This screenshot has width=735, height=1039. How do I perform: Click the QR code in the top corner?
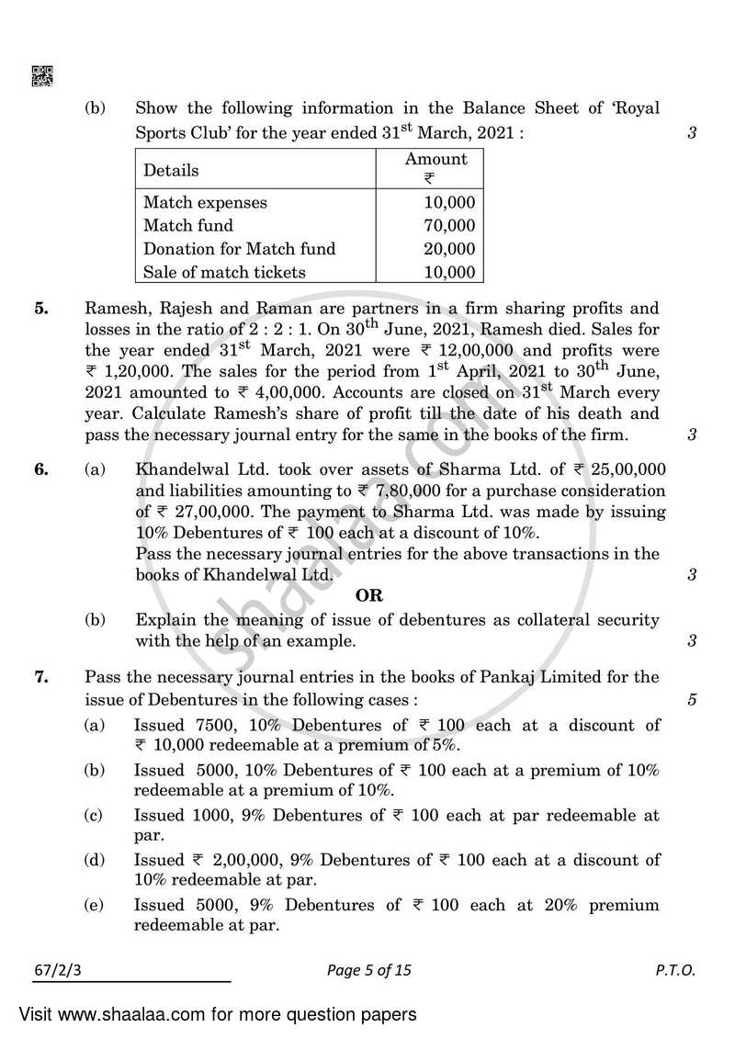click(x=42, y=76)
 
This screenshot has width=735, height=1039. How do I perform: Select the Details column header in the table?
click(x=171, y=171)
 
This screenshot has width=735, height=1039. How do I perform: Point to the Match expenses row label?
click(x=205, y=202)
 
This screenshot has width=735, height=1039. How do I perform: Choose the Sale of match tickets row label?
click(x=224, y=271)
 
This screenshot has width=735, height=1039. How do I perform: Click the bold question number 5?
click(x=42, y=309)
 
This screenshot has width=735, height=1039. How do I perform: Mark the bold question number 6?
click(x=42, y=469)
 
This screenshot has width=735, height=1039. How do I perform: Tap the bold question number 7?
click(x=42, y=678)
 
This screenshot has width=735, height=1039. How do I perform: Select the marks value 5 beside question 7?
click(x=691, y=701)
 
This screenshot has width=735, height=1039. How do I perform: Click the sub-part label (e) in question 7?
click(x=93, y=905)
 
